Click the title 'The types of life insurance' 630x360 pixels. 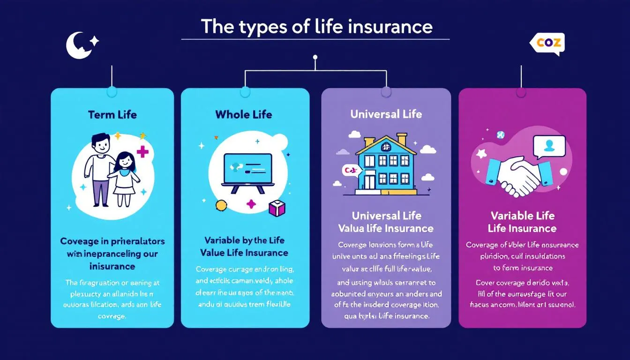316,27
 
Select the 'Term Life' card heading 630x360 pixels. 112,115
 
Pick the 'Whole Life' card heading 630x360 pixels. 244,114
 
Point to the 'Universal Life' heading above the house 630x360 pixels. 386,114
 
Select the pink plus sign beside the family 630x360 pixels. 142,151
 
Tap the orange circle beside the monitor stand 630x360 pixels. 221,204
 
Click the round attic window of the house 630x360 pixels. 386,147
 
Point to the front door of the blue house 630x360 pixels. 370,181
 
